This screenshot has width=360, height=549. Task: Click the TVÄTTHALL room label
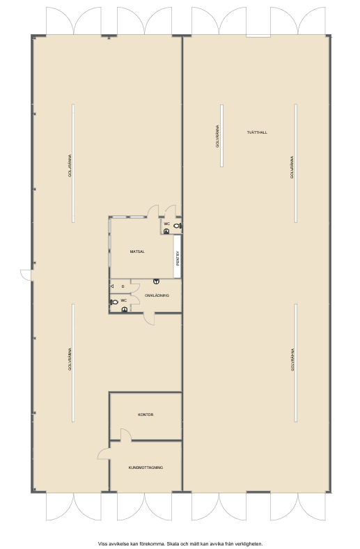point(257,132)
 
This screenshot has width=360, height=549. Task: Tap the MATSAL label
point(137,252)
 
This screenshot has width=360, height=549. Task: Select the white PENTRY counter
point(177,256)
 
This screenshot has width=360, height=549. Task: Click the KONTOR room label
point(146,415)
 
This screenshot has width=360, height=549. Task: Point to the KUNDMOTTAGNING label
point(146,467)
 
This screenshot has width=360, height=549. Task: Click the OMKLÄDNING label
point(157,295)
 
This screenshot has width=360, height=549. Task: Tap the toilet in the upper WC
point(178,226)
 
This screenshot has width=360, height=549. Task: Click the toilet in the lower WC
point(114,302)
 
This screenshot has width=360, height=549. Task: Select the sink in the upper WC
point(166,231)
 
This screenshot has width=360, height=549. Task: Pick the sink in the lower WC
point(124,309)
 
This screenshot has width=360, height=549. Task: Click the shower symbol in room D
point(112,286)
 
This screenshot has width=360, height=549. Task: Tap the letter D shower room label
point(123,286)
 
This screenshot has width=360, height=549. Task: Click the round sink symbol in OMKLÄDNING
point(156,281)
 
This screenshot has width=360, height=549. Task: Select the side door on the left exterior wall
point(26,275)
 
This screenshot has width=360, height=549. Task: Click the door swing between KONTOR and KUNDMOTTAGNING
point(126,435)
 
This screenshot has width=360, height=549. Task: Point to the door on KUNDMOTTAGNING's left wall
point(104,454)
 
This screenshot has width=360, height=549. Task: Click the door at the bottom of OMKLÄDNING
point(149,318)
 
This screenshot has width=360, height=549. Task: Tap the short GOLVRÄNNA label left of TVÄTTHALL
point(217,136)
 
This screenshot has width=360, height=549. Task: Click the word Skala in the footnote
point(172,543)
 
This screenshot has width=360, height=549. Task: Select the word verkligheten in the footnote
point(250,543)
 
